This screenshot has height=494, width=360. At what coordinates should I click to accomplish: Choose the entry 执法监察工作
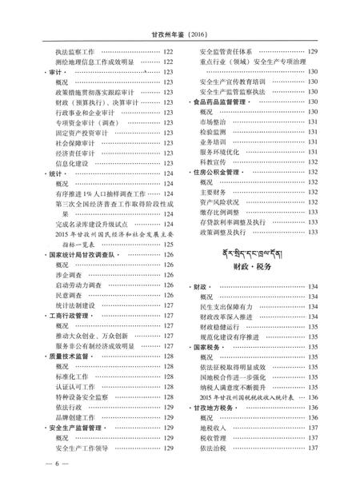click(74, 51)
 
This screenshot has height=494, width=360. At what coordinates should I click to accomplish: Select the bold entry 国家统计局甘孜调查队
click(83, 254)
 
